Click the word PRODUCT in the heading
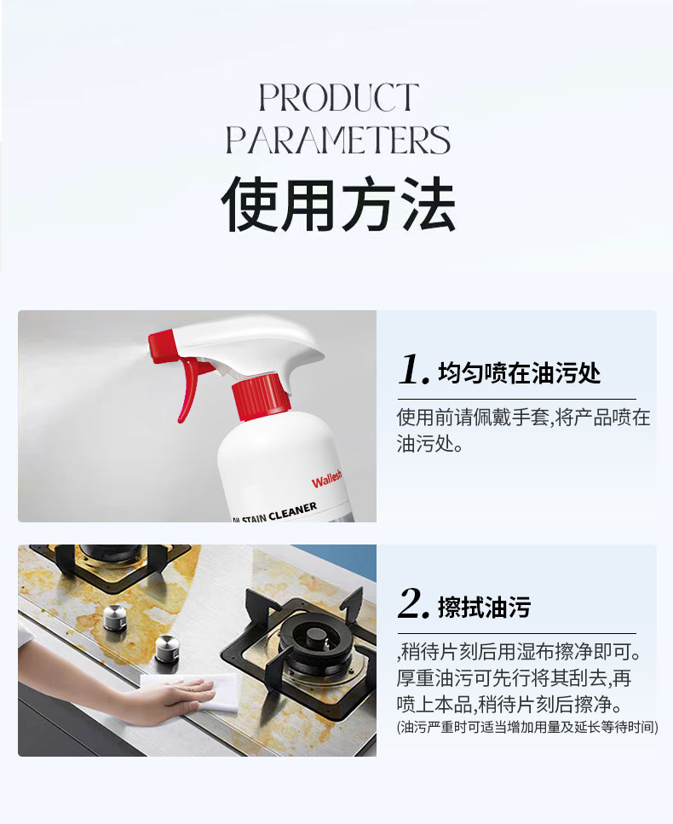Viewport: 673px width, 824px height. tap(339, 97)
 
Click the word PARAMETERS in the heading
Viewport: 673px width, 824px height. tap(338, 139)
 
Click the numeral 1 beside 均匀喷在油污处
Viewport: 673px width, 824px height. tap(414, 370)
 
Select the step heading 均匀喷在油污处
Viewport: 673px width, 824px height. tap(519, 373)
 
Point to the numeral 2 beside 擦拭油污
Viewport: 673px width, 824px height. tap(414, 603)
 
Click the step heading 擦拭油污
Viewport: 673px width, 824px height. tap(484, 607)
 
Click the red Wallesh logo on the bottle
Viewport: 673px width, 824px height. tap(326, 479)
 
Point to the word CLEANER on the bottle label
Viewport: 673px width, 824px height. tap(293, 511)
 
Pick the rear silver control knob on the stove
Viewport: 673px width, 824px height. tap(115, 617)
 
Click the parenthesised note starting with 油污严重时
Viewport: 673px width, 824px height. tap(527, 727)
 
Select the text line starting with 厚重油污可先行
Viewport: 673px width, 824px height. tap(514, 678)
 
